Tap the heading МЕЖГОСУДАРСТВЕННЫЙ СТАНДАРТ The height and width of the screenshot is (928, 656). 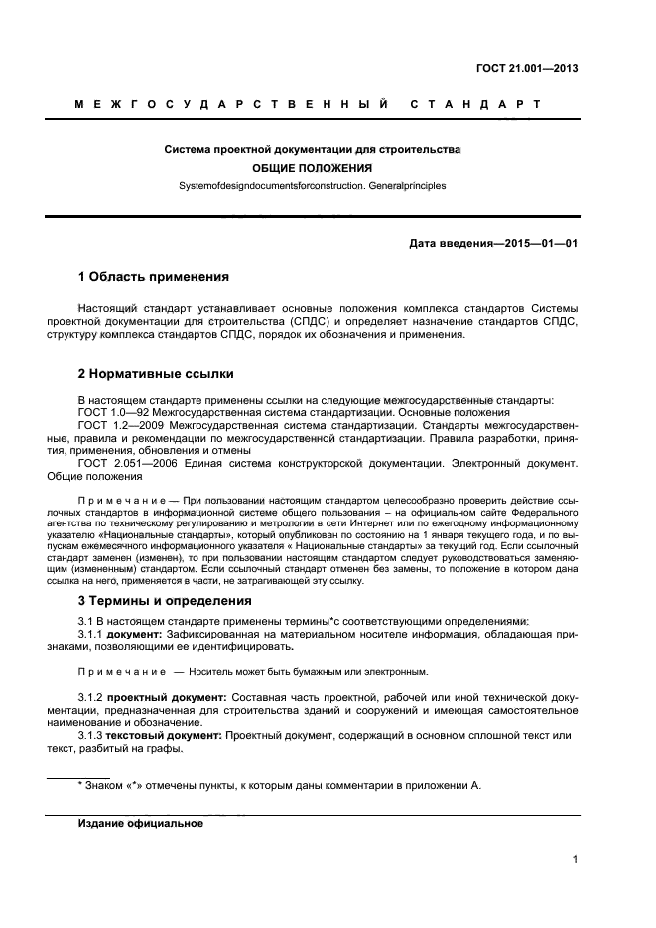pos(308,104)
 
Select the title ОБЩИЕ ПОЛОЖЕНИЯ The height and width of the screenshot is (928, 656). pos(312,168)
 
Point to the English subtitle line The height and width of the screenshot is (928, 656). pos(312,185)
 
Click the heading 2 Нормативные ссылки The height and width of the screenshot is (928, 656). pos(156,374)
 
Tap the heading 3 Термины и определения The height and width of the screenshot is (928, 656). pos(164,600)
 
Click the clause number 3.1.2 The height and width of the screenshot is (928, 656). pos(90,698)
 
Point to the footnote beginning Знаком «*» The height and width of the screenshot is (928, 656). pos(279,785)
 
